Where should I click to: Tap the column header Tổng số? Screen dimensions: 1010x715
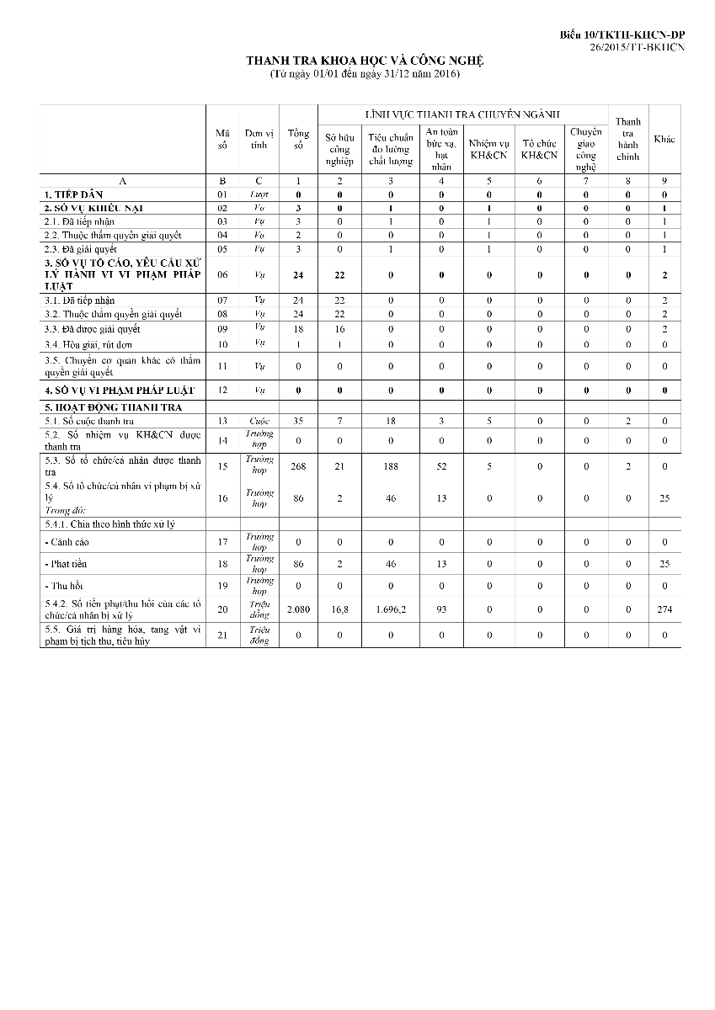click(x=298, y=140)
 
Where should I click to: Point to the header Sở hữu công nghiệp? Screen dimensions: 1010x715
click(x=339, y=147)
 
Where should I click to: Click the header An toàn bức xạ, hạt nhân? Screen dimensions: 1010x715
click(x=441, y=149)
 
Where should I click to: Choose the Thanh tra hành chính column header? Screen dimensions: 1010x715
click(x=627, y=140)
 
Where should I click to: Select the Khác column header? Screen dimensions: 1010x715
click(x=664, y=139)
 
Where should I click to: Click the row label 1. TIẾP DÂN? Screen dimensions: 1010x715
click(x=73, y=194)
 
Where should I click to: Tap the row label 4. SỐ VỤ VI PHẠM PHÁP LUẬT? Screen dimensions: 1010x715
click(x=119, y=391)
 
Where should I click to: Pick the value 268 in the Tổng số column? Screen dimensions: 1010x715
click(x=298, y=466)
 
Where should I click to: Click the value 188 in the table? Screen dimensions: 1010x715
click(x=391, y=466)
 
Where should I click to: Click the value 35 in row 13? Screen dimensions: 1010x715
click(x=298, y=421)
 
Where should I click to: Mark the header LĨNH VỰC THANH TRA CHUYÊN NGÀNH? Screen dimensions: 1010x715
click(x=464, y=114)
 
